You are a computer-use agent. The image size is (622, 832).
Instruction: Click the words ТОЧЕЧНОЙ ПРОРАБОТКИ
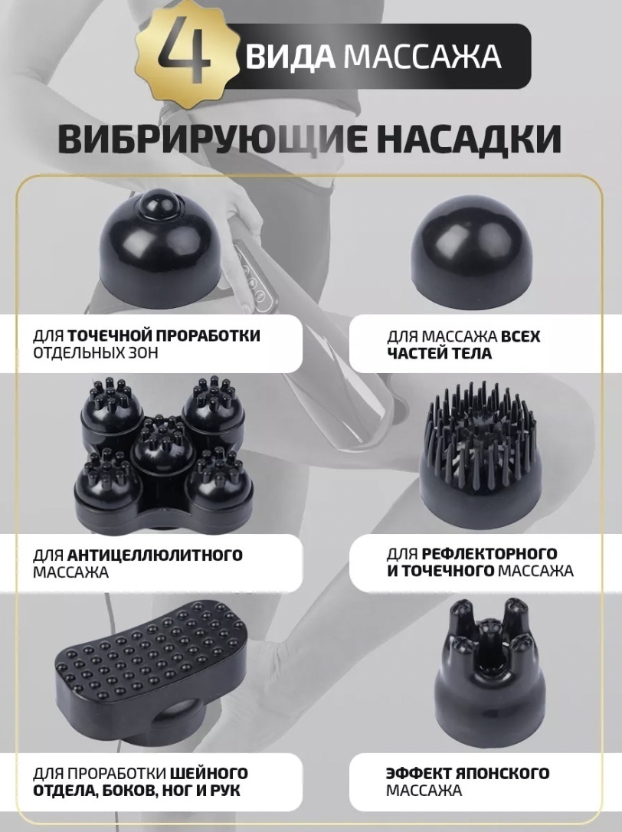[x=164, y=336]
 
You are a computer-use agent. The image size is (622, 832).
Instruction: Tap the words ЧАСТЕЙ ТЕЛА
[x=440, y=353]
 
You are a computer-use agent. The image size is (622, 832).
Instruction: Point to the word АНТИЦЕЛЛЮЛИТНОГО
[x=155, y=555]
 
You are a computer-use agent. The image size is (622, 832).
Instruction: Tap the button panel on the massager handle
[x=253, y=276]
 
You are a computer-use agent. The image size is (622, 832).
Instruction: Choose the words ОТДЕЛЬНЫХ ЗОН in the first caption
[x=96, y=353]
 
